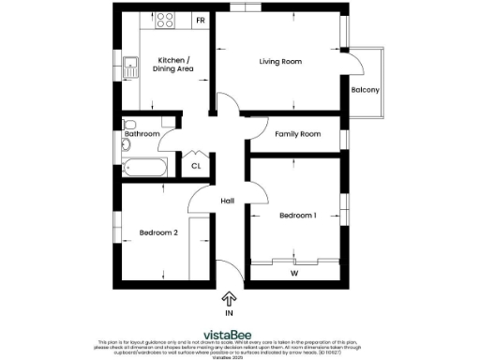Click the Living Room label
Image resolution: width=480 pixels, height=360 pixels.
click(280, 62)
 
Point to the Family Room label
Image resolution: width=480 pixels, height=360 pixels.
click(297, 134)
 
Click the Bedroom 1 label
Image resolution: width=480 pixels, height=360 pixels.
click(297, 216)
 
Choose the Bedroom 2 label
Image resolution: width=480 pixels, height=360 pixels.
click(158, 232)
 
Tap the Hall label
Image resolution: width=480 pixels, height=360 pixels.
click(227, 202)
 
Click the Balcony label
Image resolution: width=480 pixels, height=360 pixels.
click(365, 90)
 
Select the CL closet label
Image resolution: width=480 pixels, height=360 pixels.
click(196, 166)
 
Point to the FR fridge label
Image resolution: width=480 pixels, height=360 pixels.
click(200, 20)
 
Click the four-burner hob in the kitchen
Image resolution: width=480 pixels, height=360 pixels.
click(167, 19)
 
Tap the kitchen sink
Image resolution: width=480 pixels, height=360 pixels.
click(129, 67)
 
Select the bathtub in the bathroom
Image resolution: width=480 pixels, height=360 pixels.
click(145, 169)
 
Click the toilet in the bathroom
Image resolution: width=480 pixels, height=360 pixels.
click(130, 124)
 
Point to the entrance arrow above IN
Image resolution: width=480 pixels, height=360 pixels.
click(229, 298)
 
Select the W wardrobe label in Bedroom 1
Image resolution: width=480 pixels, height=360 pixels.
click(293, 274)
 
